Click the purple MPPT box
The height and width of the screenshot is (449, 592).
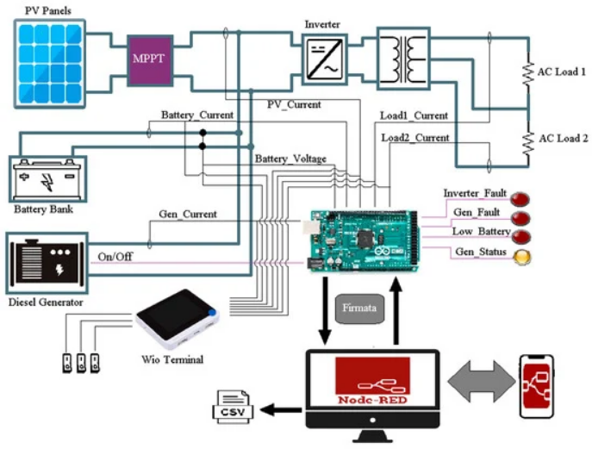click(151, 59)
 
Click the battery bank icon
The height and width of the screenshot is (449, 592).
click(47, 178)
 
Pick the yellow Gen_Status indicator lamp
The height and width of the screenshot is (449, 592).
click(520, 255)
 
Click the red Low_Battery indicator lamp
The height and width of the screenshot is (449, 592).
click(520, 235)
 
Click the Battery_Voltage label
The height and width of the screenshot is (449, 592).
click(290, 159)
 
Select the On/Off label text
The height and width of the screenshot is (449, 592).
click(115, 256)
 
